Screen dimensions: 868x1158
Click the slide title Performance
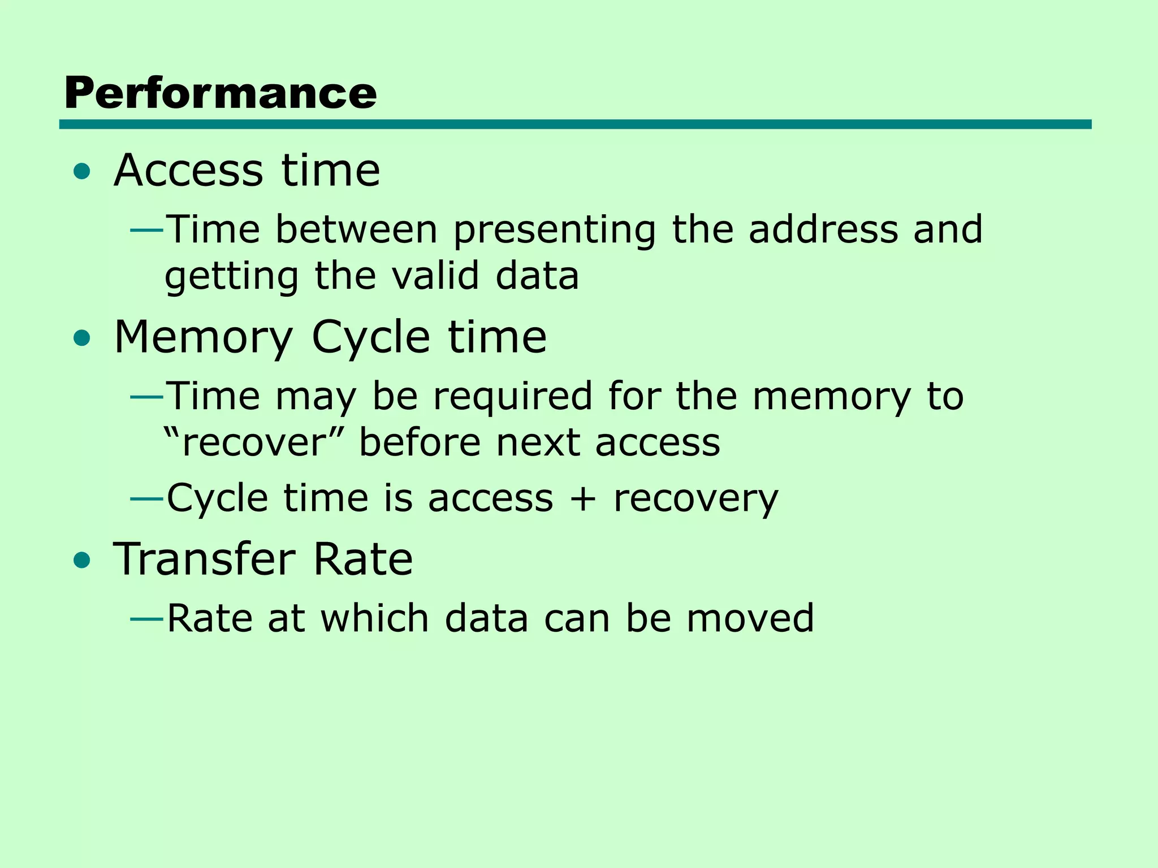[221, 93]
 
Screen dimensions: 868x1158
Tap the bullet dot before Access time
[82, 171]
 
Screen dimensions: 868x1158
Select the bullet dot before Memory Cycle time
[82, 338]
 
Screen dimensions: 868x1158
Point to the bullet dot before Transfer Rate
[82, 560]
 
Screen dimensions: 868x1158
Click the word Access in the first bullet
[188, 170]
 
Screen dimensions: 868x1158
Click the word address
[823, 229]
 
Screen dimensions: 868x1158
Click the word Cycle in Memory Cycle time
[371, 338]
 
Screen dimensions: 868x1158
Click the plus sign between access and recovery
[583, 499]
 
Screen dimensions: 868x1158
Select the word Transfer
[204, 559]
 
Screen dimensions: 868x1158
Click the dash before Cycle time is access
[147, 499]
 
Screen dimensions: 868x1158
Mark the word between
[357, 230]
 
